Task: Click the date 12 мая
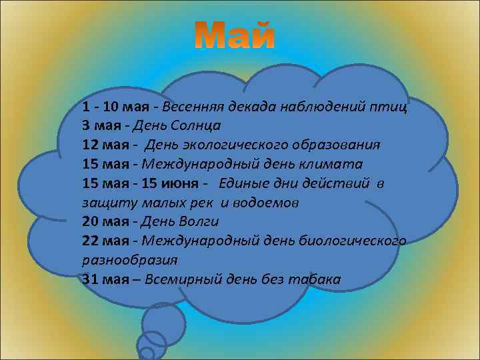click(x=108, y=145)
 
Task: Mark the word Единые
click(x=239, y=183)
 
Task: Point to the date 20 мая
click(x=108, y=221)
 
